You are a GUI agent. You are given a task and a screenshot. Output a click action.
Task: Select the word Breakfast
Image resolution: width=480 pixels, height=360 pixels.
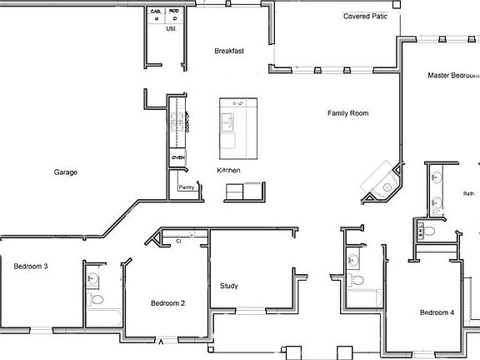[x=228, y=51]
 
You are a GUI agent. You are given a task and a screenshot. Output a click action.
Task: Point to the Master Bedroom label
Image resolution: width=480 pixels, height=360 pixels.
[x=453, y=75]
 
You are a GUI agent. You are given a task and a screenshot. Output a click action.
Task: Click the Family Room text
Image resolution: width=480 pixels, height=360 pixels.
[x=347, y=113]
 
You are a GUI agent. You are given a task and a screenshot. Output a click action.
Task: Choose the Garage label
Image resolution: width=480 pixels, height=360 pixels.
[x=66, y=172]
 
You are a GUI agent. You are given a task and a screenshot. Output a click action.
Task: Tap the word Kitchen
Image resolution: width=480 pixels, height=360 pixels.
[x=228, y=170]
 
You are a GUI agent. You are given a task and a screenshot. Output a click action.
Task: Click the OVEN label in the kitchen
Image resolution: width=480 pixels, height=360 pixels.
[x=177, y=157]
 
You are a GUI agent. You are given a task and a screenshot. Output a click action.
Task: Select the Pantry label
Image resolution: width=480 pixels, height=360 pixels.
[x=187, y=188]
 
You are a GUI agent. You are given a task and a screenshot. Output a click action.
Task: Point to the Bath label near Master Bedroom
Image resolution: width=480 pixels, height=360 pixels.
[x=468, y=193]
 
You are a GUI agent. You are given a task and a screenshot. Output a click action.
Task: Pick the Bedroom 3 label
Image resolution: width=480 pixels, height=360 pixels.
[x=30, y=267]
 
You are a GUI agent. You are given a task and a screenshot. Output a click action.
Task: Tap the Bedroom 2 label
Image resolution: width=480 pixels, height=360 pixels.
[x=167, y=303]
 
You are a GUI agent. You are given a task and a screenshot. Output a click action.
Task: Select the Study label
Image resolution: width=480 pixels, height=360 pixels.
[x=229, y=287]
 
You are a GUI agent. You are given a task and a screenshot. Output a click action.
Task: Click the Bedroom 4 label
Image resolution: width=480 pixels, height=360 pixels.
[x=437, y=312]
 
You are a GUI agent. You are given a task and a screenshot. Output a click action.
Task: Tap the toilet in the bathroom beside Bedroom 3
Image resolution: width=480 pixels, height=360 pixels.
[x=96, y=297]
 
